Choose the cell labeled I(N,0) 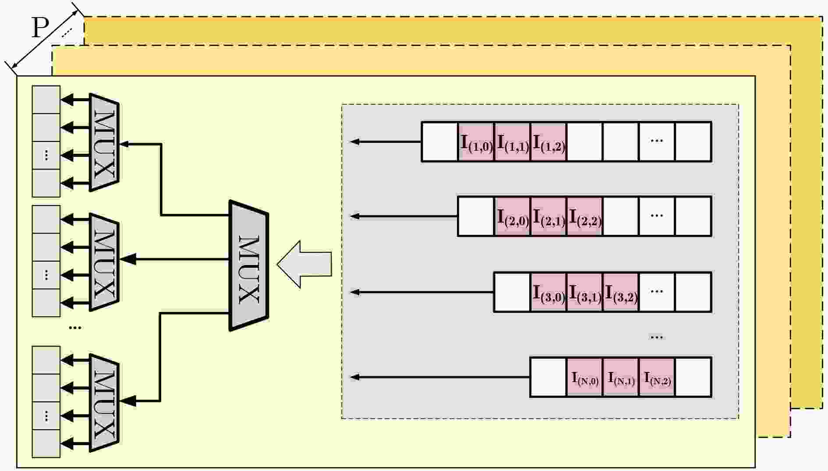584,378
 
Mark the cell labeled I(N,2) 657,378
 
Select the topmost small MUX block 104,142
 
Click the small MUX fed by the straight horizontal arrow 104,262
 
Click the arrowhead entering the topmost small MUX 124,144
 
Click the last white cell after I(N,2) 693,378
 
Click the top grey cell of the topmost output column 46,99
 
